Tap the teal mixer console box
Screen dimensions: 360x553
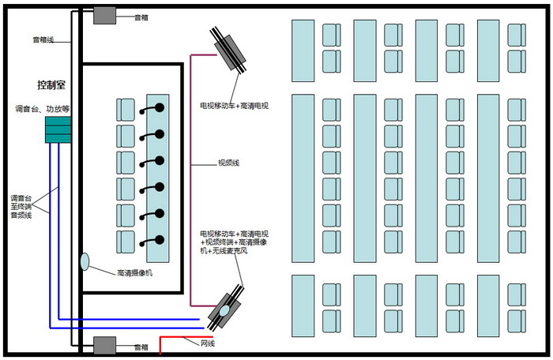(x=58, y=130)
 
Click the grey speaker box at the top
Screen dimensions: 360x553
(x=104, y=14)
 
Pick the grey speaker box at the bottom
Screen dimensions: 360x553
(x=104, y=345)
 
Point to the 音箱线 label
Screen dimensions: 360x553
(x=43, y=39)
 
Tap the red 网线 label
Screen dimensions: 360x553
(x=208, y=343)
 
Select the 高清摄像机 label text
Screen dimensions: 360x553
(x=134, y=273)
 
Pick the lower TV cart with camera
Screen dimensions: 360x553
(x=224, y=308)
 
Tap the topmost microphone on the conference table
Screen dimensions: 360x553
(x=160, y=107)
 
